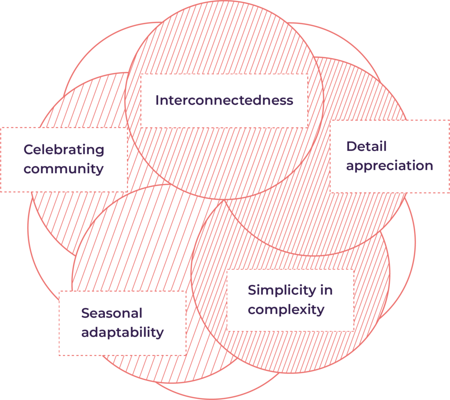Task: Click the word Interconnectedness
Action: [x=224, y=100]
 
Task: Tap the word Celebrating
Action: [x=64, y=150]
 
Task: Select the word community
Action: [x=64, y=169]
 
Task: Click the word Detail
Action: [x=366, y=146]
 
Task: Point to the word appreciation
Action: [x=389, y=166]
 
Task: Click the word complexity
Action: [x=286, y=309]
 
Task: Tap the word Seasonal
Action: [x=112, y=313]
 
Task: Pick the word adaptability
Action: [x=122, y=333]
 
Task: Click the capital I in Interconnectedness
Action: [x=157, y=100]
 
